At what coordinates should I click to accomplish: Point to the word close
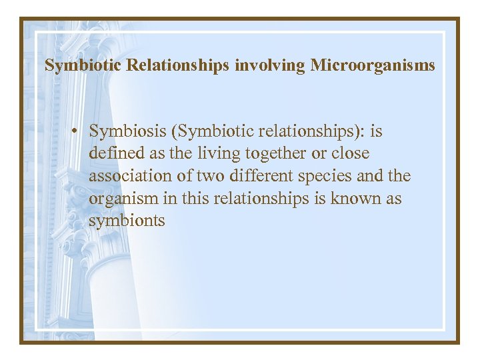pos(351,154)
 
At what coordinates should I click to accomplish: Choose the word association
pos(131,177)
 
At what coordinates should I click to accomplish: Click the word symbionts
pos(127,221)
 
